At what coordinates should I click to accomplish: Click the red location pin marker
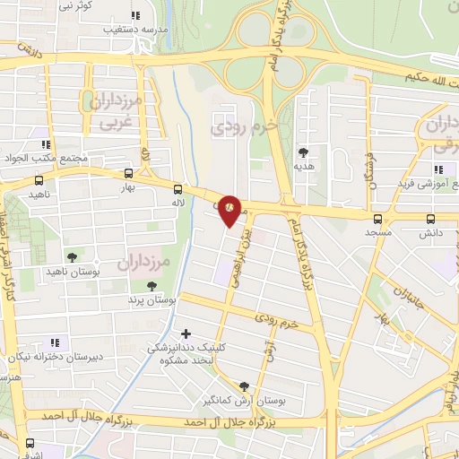[230, 209]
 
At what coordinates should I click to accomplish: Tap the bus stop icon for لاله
[178, 189]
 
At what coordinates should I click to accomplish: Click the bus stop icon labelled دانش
[430, 217]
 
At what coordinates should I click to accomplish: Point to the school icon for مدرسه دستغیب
[135, 15]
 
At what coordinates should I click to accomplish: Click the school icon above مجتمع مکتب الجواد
[44, 144]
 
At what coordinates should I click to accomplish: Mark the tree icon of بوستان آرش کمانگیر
[244, 385]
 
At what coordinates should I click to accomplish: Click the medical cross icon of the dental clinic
[186, 333]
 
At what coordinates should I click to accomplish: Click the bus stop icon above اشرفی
[30, 442]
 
